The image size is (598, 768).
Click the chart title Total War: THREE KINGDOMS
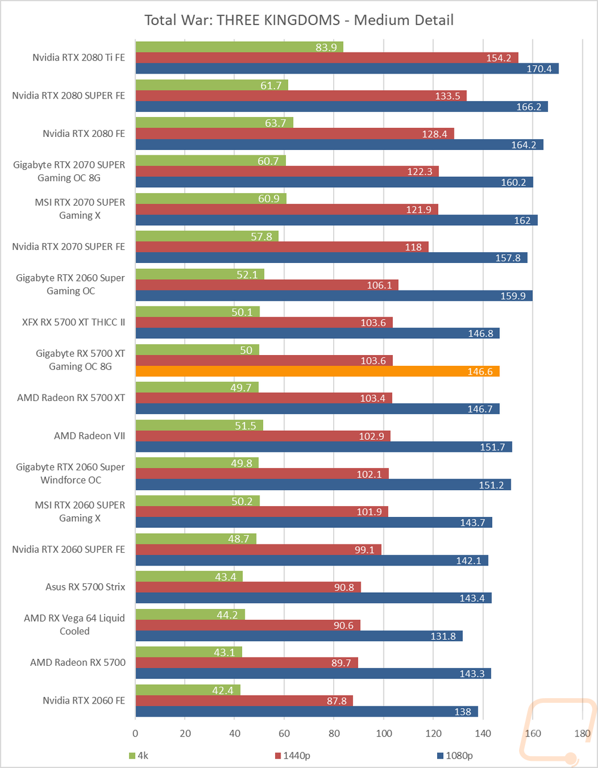tap(299, 20)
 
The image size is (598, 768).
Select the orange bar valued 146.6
tap(317, 371)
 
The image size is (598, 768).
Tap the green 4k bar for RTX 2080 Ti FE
tap(239, 47)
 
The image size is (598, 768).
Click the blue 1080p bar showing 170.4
tap(347, 69)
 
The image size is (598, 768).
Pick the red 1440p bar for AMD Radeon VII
tap(263, 436)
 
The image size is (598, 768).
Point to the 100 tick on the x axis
tap(384, 733)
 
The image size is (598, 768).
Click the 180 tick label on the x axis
tap(582, 733)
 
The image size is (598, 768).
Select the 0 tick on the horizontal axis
tap(136, 733)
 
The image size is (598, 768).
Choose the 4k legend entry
tap(141, 755)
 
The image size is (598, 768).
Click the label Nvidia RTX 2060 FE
tap(84, 700)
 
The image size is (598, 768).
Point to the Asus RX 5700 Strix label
tap(85, 587)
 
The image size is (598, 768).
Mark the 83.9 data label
tap(327, 47)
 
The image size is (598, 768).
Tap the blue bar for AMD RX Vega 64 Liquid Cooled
tap(299, 636)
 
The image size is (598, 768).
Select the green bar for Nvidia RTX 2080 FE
tap(214, 123)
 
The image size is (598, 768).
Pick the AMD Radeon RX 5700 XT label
tap(71, 397)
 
